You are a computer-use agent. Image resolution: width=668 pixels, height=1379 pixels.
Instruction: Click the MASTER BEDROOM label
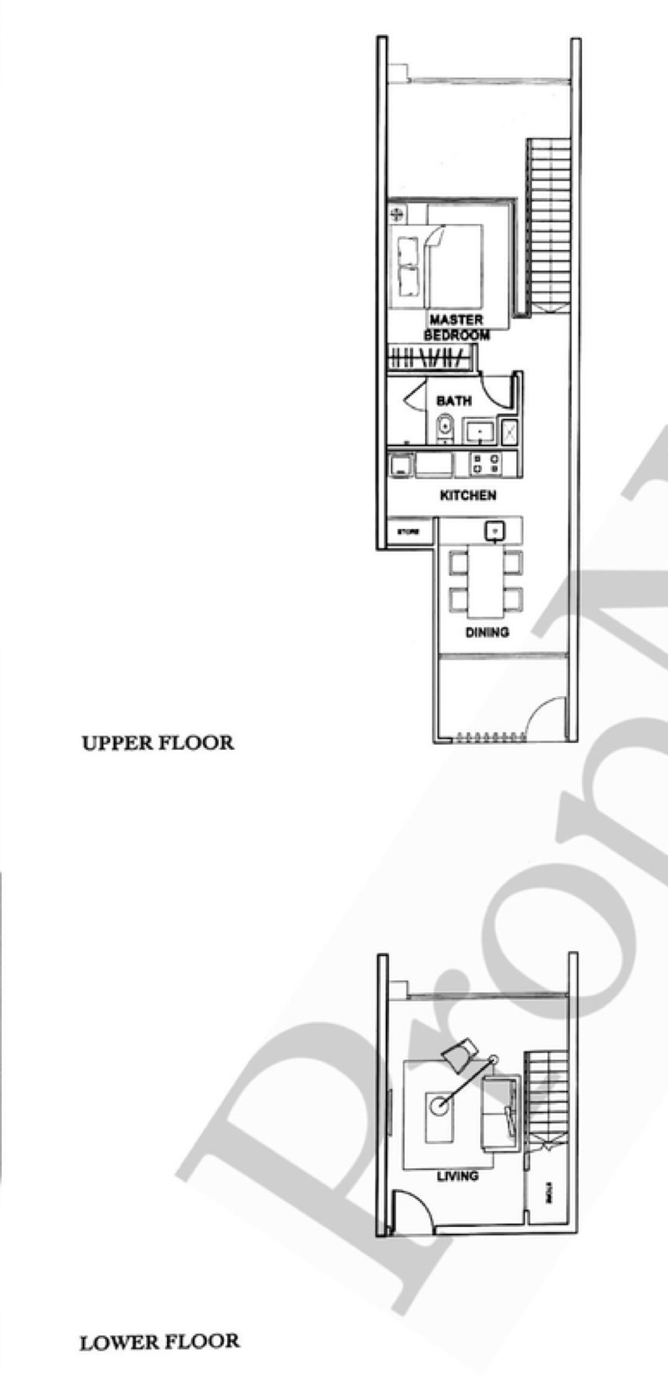tap(456, 327)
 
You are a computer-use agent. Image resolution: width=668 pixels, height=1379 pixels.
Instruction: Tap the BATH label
tap(453, 401)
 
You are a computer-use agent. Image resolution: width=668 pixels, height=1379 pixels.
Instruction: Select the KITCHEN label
tap(468, 496)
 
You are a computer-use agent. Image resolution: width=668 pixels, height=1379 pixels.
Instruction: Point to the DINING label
tap(487, 633)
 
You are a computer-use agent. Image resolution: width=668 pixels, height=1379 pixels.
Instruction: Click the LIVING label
tap(458, 1175)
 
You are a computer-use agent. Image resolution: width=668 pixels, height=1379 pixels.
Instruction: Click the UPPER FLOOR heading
tap(157, 742)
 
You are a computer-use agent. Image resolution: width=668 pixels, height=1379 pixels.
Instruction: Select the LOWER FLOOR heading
tap(159, 1342)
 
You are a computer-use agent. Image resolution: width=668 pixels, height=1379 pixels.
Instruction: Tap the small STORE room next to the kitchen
tap(407, 532)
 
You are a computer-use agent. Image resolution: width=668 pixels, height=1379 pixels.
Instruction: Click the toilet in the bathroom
tap(444, 428)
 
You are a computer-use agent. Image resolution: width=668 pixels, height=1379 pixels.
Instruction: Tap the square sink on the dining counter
tap(493, 530)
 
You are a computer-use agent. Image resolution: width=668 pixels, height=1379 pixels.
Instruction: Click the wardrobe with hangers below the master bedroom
tap(428, 359)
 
